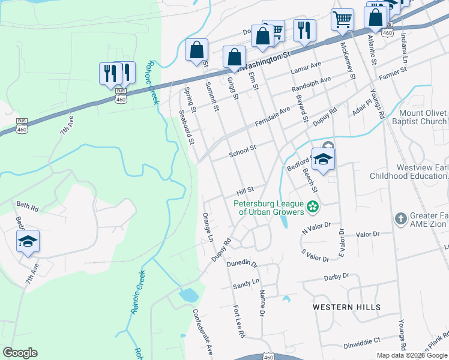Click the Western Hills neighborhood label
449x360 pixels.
pos(346,307)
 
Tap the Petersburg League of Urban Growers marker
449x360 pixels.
pos(312,208)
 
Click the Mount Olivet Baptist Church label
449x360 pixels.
pos(423,117)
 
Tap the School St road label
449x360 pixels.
pos(243,151)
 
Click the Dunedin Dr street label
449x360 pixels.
pos(242,263)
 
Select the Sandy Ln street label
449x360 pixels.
pos(246,283)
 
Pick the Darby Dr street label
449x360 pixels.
pos(336,277)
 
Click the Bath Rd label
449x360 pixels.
pos(28,209)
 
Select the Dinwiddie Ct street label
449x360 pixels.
pos(360,340)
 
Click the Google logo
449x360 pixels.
pos(20,353)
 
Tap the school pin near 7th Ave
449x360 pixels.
pos(28,242)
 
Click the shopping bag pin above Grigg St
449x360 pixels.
pos(234,58)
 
